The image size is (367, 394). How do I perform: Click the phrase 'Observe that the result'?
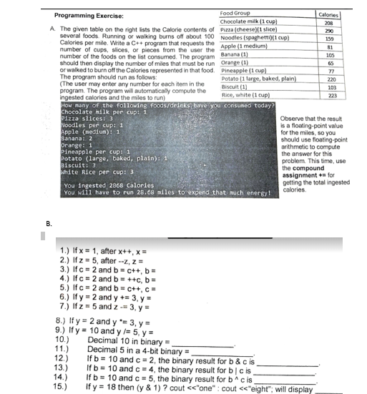click(311, 119)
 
